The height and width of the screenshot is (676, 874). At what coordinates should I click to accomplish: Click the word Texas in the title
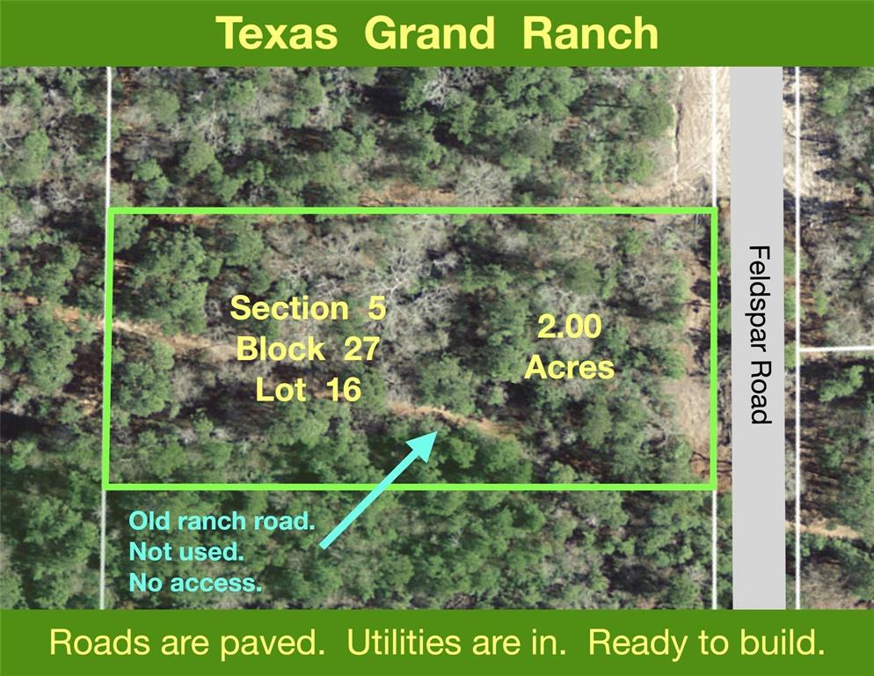point(276,33)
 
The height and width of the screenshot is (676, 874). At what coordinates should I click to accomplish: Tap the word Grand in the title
point(429,33)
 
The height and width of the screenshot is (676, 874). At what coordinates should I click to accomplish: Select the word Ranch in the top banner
point(590,33)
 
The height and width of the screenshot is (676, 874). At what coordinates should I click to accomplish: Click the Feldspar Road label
point(759,334)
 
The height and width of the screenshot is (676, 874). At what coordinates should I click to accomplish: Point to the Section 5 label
point(308,308)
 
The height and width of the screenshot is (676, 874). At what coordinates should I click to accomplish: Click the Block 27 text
point(308,349)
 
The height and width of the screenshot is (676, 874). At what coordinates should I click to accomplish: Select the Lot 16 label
point(309,390)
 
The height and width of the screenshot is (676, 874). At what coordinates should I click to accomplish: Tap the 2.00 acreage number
point(569,327)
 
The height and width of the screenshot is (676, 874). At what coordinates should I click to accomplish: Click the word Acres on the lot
point(569,367)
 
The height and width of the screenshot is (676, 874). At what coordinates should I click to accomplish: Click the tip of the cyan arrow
point(436,432)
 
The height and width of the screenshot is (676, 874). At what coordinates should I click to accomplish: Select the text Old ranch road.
point(222,521)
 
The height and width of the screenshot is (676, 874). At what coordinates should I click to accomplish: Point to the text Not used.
point(186,552)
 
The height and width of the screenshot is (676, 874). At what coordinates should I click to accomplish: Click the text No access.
point(195,584)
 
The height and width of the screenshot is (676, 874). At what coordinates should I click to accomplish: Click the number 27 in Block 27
point(361,349)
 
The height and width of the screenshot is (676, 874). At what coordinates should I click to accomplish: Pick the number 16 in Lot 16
point(345,390)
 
